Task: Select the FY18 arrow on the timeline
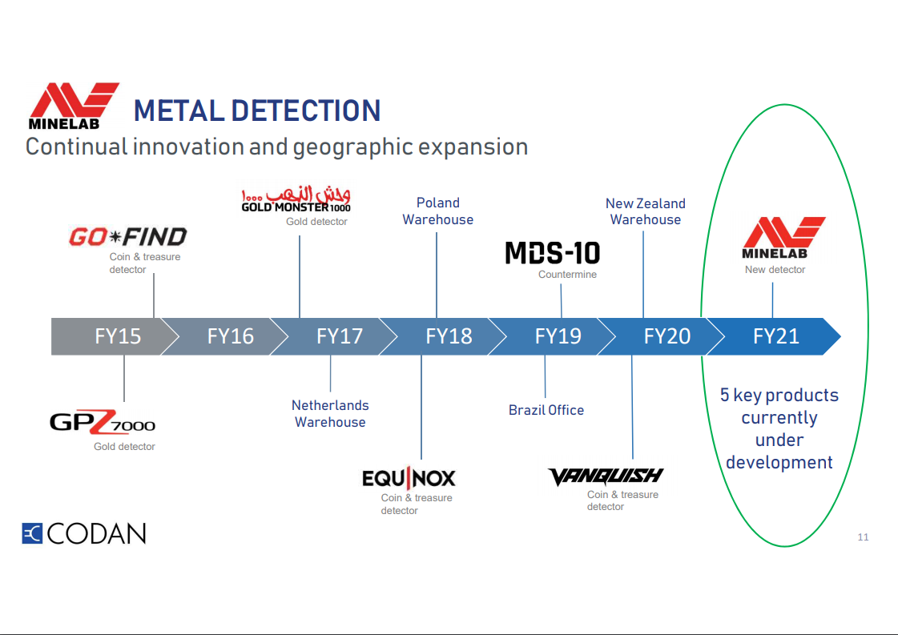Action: click(x=449, y=336)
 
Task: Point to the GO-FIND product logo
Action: click(x=127, y=237)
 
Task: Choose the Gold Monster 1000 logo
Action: click(x=296, y=200)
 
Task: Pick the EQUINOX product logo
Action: click(x=409, y=478)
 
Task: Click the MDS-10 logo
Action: click(x=552, y=253)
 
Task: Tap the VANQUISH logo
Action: click(x=606, y=476)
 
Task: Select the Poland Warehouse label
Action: click(x=438, y=211)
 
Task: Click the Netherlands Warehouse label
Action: click(x=330, y=414)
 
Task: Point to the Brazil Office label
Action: click(x=546, y=410)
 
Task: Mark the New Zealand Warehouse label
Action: click(x=646, y=211)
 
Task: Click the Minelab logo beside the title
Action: click(x=74, y=106)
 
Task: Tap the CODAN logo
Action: click(x=84, y=533)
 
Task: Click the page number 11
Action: click(x=863, y=537)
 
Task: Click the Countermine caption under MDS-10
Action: click(x=567, y=275)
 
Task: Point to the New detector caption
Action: click(x=775, y=270)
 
